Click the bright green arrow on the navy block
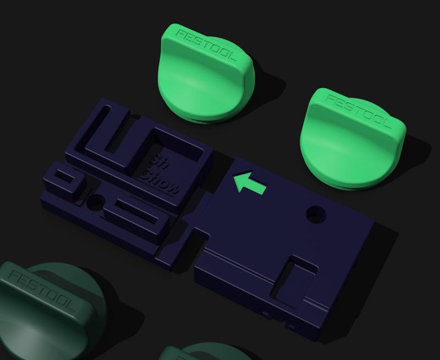click(249, 183)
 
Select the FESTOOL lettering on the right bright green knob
click(358, 112)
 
